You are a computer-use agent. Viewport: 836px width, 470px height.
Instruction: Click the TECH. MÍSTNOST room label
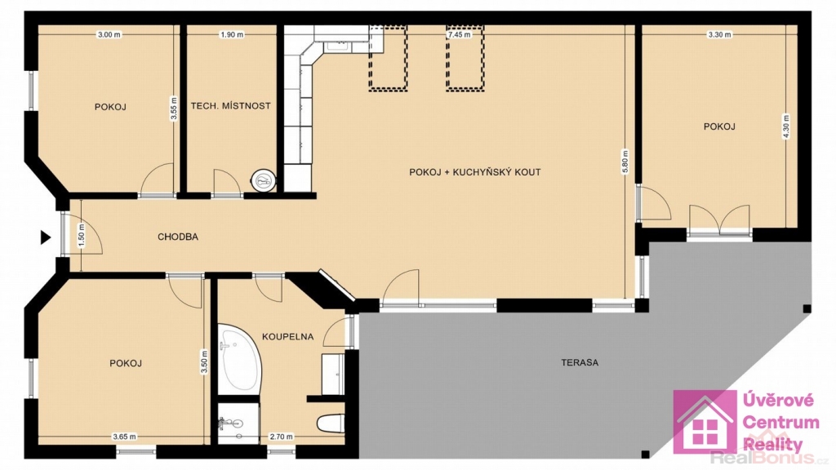click(231, 106)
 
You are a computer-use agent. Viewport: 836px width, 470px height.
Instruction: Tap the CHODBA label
click(178, 237)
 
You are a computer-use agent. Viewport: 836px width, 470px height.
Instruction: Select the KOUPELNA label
click(288, 337)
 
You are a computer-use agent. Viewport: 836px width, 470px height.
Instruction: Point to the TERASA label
click(580, 362)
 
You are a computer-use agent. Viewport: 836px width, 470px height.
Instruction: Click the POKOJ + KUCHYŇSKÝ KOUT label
click(475, 172)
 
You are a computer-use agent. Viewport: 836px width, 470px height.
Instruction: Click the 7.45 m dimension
click(459, 34)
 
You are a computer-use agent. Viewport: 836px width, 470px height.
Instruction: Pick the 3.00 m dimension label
click(109, 34)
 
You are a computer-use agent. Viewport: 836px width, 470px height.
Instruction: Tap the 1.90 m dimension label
click(232, 34)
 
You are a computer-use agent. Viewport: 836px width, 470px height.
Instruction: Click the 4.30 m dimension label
click(785, 126)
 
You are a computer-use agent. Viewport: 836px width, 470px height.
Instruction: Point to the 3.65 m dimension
click(124, 437)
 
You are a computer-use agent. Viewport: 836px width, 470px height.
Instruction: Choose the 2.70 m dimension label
click(281, 437)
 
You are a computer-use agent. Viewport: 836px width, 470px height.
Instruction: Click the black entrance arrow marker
click(46, 237)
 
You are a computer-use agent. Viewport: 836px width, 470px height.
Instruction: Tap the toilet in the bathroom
click(331, 423)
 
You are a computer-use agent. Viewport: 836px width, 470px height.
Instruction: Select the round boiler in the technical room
click(264, 181)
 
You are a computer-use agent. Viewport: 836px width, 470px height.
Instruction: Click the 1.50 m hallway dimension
click(82, 236)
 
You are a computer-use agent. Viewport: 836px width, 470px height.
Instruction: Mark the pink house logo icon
click(705, 422)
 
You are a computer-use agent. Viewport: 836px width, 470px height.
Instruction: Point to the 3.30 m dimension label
click(719, 34)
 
